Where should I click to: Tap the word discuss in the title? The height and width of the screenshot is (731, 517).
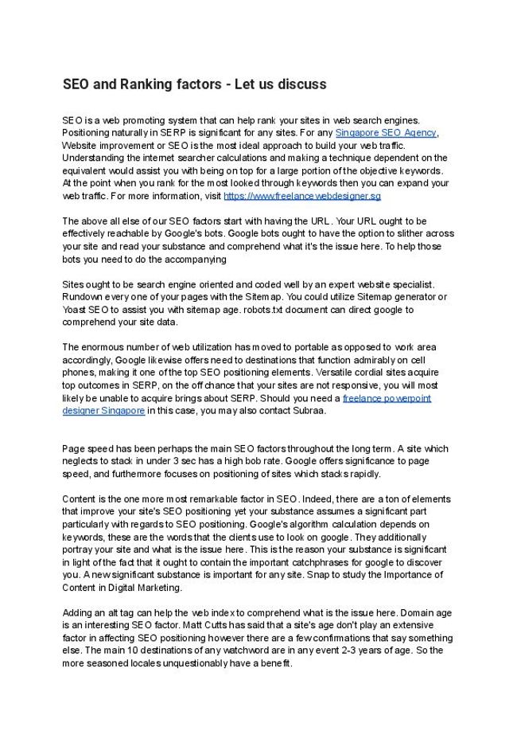(x=299, y=84)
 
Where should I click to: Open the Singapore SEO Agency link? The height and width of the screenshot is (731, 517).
(x=386, y=132)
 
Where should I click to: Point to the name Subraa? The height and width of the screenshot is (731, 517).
(x=308, y=411)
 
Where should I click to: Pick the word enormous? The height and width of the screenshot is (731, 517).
(x=103, y=347)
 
